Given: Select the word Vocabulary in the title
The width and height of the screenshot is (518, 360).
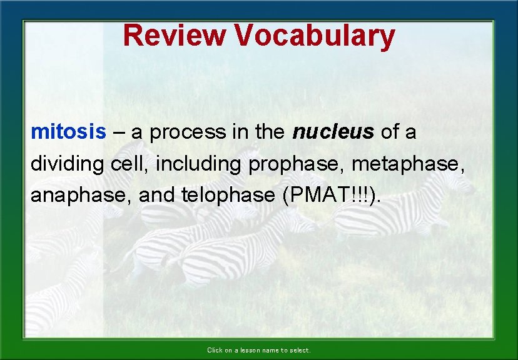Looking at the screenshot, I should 315,36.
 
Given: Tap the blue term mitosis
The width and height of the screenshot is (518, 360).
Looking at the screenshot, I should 69,132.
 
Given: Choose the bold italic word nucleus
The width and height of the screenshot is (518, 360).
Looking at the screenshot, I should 333,132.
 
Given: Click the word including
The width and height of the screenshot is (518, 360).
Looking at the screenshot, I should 199,165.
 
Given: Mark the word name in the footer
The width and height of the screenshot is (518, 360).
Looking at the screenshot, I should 270,351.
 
